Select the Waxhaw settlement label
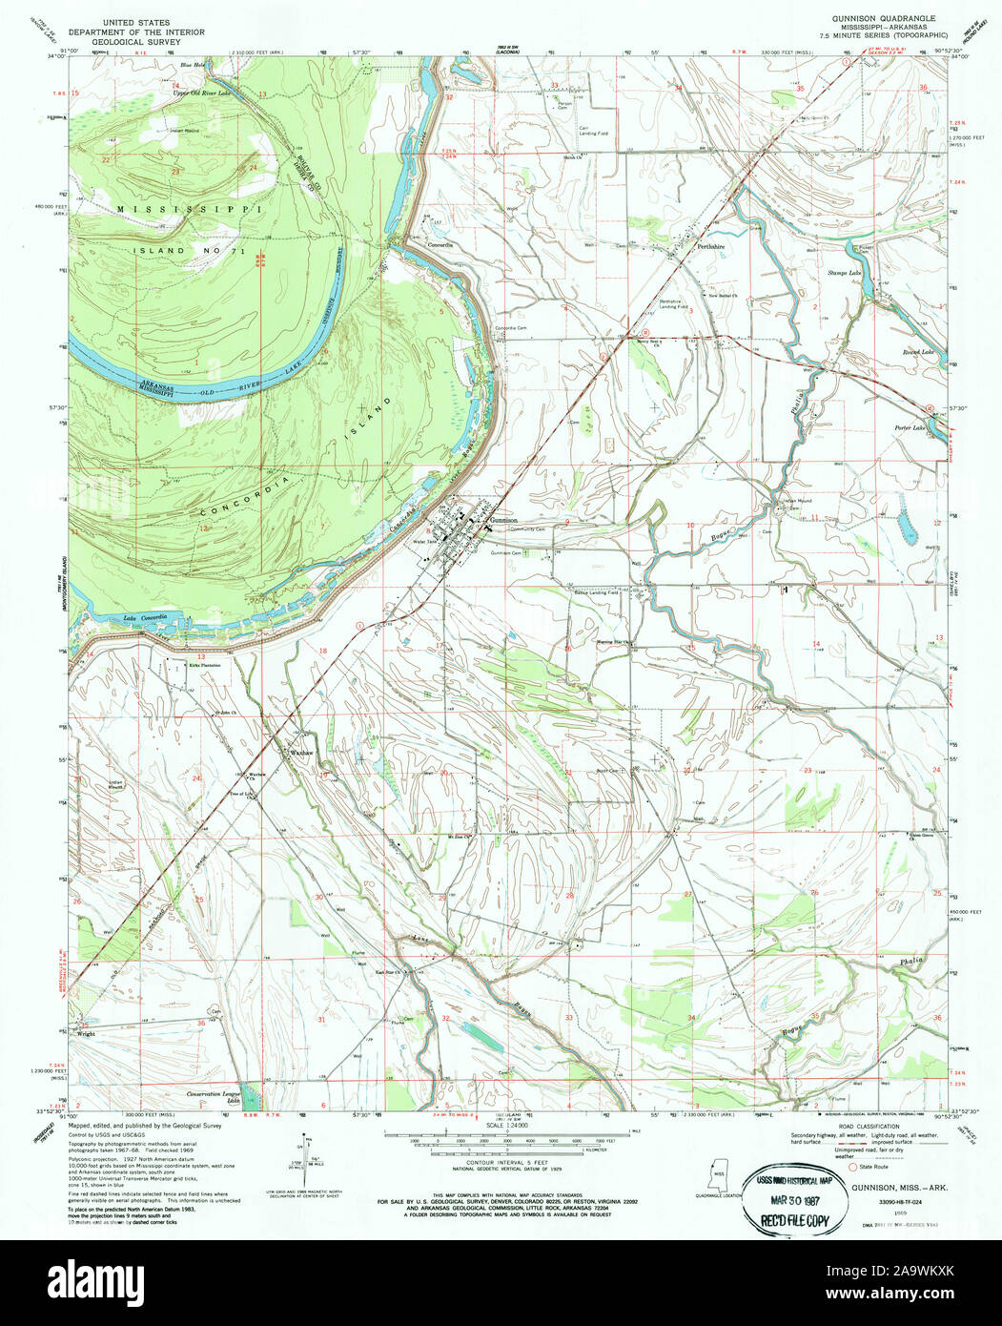(x=301, y=753)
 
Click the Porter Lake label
(x=910, y=427)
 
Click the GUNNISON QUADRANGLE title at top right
(x=883, y=19)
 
